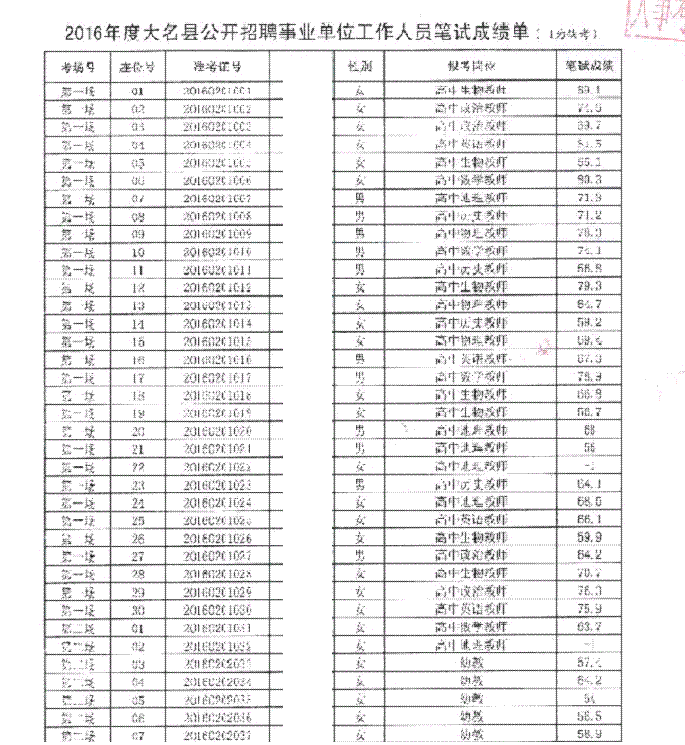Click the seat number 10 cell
(138, 251)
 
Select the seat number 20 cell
(138, 431)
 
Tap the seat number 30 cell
(138, 609)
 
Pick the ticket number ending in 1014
(217, 323)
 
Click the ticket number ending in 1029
(217, 591)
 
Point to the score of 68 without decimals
(591, 430)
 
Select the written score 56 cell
(591, 448)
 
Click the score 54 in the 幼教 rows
(591, 698)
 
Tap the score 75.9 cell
(591, 608)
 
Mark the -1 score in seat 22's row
(591, 466)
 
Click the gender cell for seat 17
(359, 376)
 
